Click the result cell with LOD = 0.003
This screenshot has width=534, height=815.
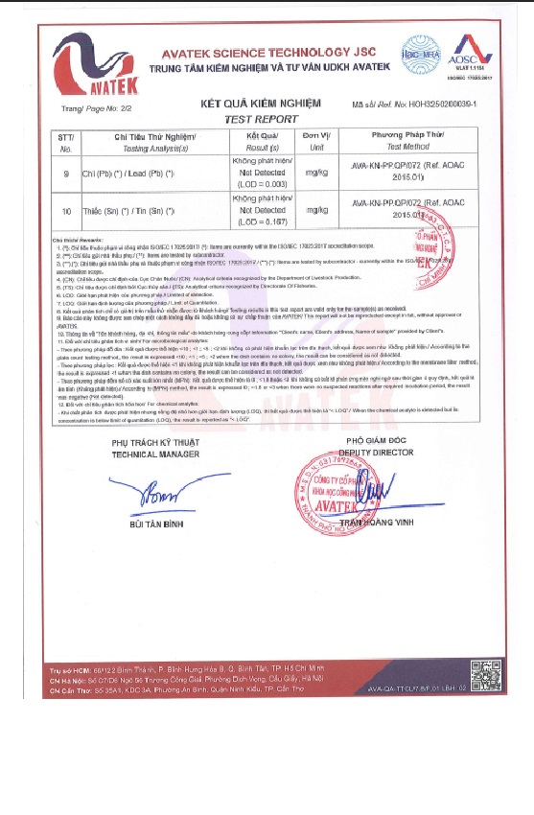(261, 173)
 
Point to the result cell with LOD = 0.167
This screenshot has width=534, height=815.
(261, 208)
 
